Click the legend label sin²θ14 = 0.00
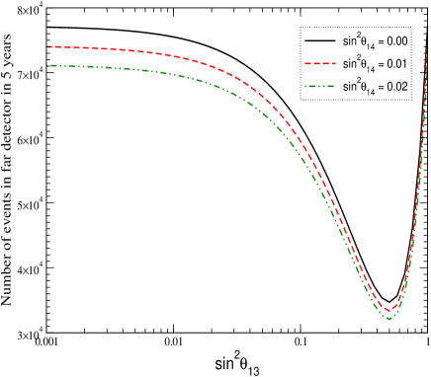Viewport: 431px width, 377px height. (375, 41)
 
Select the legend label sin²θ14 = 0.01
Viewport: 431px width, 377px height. (375, 64)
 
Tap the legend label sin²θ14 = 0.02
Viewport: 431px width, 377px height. (375, 87)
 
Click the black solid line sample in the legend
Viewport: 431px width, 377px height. (318, 41)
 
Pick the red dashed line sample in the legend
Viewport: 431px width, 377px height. (318, 64)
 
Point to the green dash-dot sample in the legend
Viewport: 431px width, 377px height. (318, 87)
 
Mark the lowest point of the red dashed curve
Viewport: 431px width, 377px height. (390, 310)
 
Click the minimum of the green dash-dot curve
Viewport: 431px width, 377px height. (389, 318)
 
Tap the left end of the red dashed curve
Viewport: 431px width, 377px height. (48, 46)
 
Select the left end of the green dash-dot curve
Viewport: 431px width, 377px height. (48, 65)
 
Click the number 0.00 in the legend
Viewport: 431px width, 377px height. (396, 41)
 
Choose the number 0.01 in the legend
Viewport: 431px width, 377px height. (396, 64)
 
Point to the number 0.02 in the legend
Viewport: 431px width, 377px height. (396, 87)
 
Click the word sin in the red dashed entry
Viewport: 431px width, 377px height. (348, 65)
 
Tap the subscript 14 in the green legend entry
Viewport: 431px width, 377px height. (371, 91)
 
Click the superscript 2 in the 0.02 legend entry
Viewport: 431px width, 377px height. (357, 82)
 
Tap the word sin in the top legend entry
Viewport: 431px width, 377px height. (348, 42)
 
